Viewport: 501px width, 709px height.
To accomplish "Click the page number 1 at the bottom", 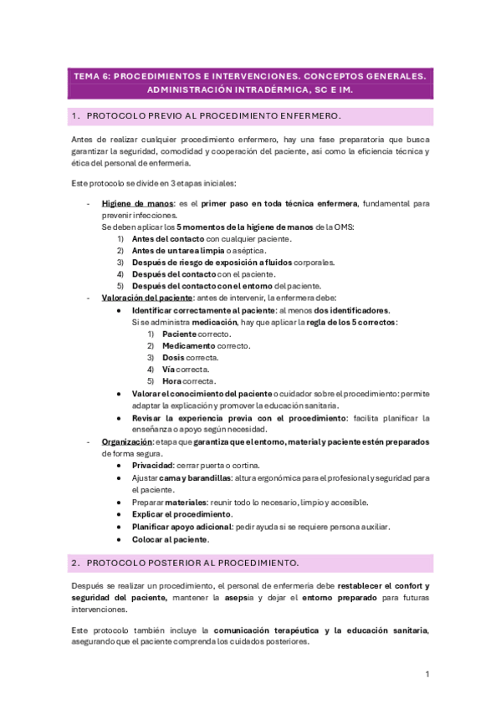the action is point(427,674).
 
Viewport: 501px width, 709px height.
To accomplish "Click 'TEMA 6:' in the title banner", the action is point(91,75).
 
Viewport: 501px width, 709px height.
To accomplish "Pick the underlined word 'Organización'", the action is point(126,441).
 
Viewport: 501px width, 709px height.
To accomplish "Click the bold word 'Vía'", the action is point(168,369).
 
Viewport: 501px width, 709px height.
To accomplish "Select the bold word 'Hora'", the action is point(172,380).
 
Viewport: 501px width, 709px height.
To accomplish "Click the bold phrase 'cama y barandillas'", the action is point(200,477).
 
